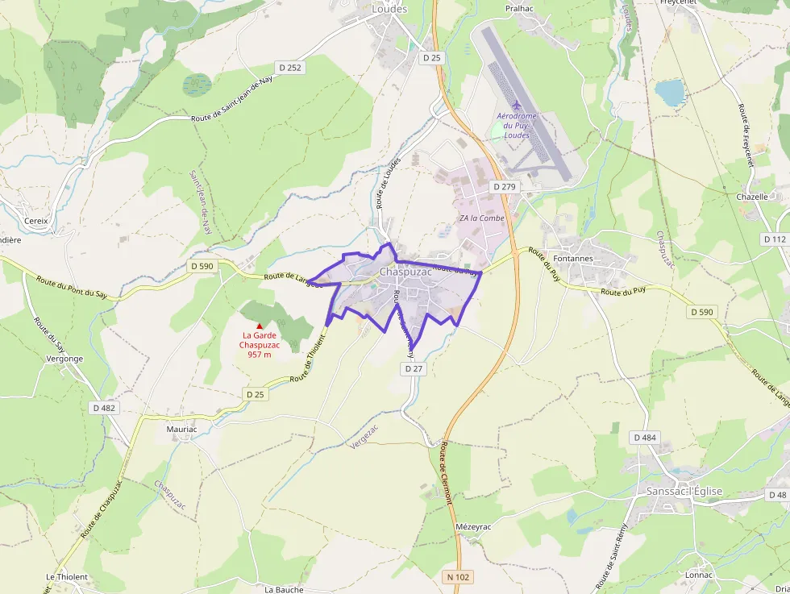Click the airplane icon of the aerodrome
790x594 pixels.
pyautogui.click(x=517, y=105)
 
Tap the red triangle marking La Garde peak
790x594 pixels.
pyautogui.click(x=259, y=325)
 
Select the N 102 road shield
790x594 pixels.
pyautogui.click(x=458, y=577)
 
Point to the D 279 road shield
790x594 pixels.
pyautogui.click(x=504, y=186)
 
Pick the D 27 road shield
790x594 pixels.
pyautogui.click(x=414, y=368)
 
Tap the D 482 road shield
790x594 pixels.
pyautogui.click(x=103, y=408)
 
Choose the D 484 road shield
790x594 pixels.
pyautogui.click(x=645, y=438)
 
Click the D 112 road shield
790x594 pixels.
pyautogui.click(x=774, y=239)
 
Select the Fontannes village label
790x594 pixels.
pyautogui.click(x=573, y=259)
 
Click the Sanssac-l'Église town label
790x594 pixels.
pyautogui.click(x=684, y=491)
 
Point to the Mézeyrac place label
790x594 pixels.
pyautogui.click(x=473, y=526)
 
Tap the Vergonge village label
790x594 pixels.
pyautogui.click(x=65, y=359)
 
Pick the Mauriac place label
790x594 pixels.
pyautogui.click(x=181, y=430)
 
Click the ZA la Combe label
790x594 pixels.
pyautogui.click(x=482, y=218)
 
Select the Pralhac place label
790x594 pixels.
pyautogui.click(x=520, y=8)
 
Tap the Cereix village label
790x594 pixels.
pyautogui.click(x=37, y=220)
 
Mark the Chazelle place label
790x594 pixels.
pyautogui.click(x=752, y=197)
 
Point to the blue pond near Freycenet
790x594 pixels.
pyautogui.click(x=670, y=93)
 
